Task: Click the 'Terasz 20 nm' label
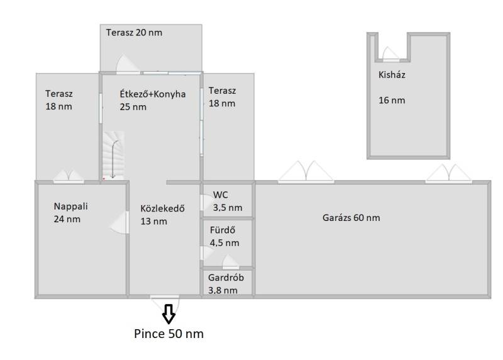(134, 33)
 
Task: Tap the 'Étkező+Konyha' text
(153, 94)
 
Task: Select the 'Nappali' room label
(70, 206)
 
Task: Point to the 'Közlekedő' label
(162, 208)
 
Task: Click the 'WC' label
(221, 195)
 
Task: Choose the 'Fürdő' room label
(223, 230)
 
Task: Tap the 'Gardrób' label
(226, 278)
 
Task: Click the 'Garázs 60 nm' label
(351, 218)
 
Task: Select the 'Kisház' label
(392, 75)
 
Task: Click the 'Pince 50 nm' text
(169, 334)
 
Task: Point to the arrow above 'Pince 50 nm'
(169, 313)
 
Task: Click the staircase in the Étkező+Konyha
(113, 155)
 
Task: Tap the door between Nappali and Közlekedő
(120, 223)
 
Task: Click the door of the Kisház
(391, 54)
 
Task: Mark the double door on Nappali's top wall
(69, 177)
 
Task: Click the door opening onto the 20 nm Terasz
(128, 64)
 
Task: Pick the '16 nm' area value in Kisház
(392, 100)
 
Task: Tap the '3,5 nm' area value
(228, 208)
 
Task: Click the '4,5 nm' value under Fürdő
(224, 243)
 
